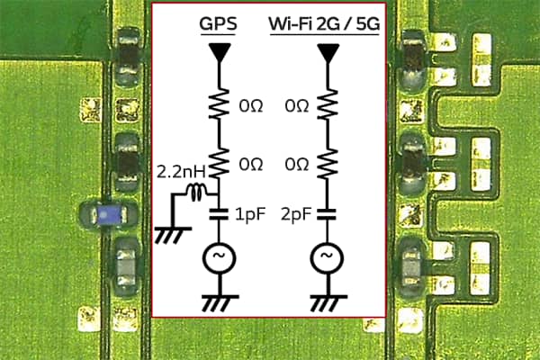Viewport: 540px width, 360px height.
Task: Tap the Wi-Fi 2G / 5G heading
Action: point(323,24)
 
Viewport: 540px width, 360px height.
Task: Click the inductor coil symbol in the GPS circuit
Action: point(196,192)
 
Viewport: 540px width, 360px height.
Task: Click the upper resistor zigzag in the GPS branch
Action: point(218,105)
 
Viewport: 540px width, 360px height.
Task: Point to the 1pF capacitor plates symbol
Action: point(218,215)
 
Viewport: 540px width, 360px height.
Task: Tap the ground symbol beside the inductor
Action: point(166,233)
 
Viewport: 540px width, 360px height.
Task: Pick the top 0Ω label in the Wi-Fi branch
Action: point(296,106)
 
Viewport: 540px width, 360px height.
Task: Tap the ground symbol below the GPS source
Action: point(218,301)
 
